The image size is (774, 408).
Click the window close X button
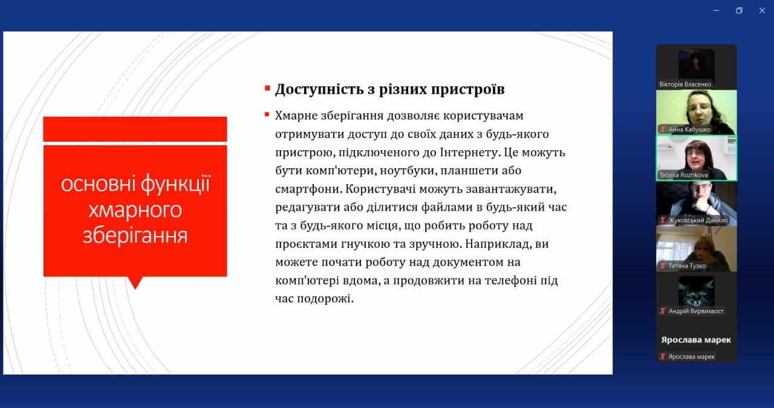point(762,11)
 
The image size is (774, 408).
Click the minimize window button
point(717,11)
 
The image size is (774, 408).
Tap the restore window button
point(739,11)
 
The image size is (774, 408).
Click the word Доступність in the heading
point(319,89)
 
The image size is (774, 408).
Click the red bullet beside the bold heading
point(267,88)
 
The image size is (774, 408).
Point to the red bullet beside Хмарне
point(267,114)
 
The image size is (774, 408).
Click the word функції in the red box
point(176,183)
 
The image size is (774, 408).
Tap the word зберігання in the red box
point(135,236)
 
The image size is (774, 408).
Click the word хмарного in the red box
point(135,210)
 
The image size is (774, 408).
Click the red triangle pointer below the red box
point(135,283)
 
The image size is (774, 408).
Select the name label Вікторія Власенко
point(685,84)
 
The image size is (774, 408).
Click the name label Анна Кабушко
point(689,130)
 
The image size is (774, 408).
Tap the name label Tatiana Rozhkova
point(683,175)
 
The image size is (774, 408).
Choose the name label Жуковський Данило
point(698,220)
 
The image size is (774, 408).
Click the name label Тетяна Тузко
point(687,266)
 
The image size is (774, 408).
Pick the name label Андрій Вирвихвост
point(695,311)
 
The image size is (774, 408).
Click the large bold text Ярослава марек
point(696,340)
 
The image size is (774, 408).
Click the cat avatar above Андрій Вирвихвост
point(696,291)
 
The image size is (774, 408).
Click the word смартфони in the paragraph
point(308,189)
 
